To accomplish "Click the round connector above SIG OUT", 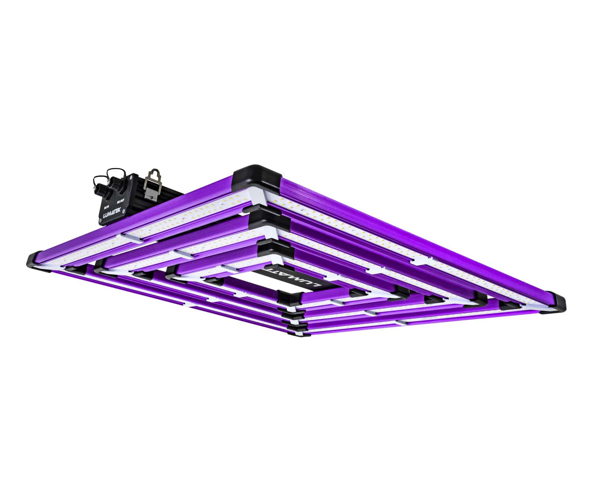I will coord(113,180).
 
